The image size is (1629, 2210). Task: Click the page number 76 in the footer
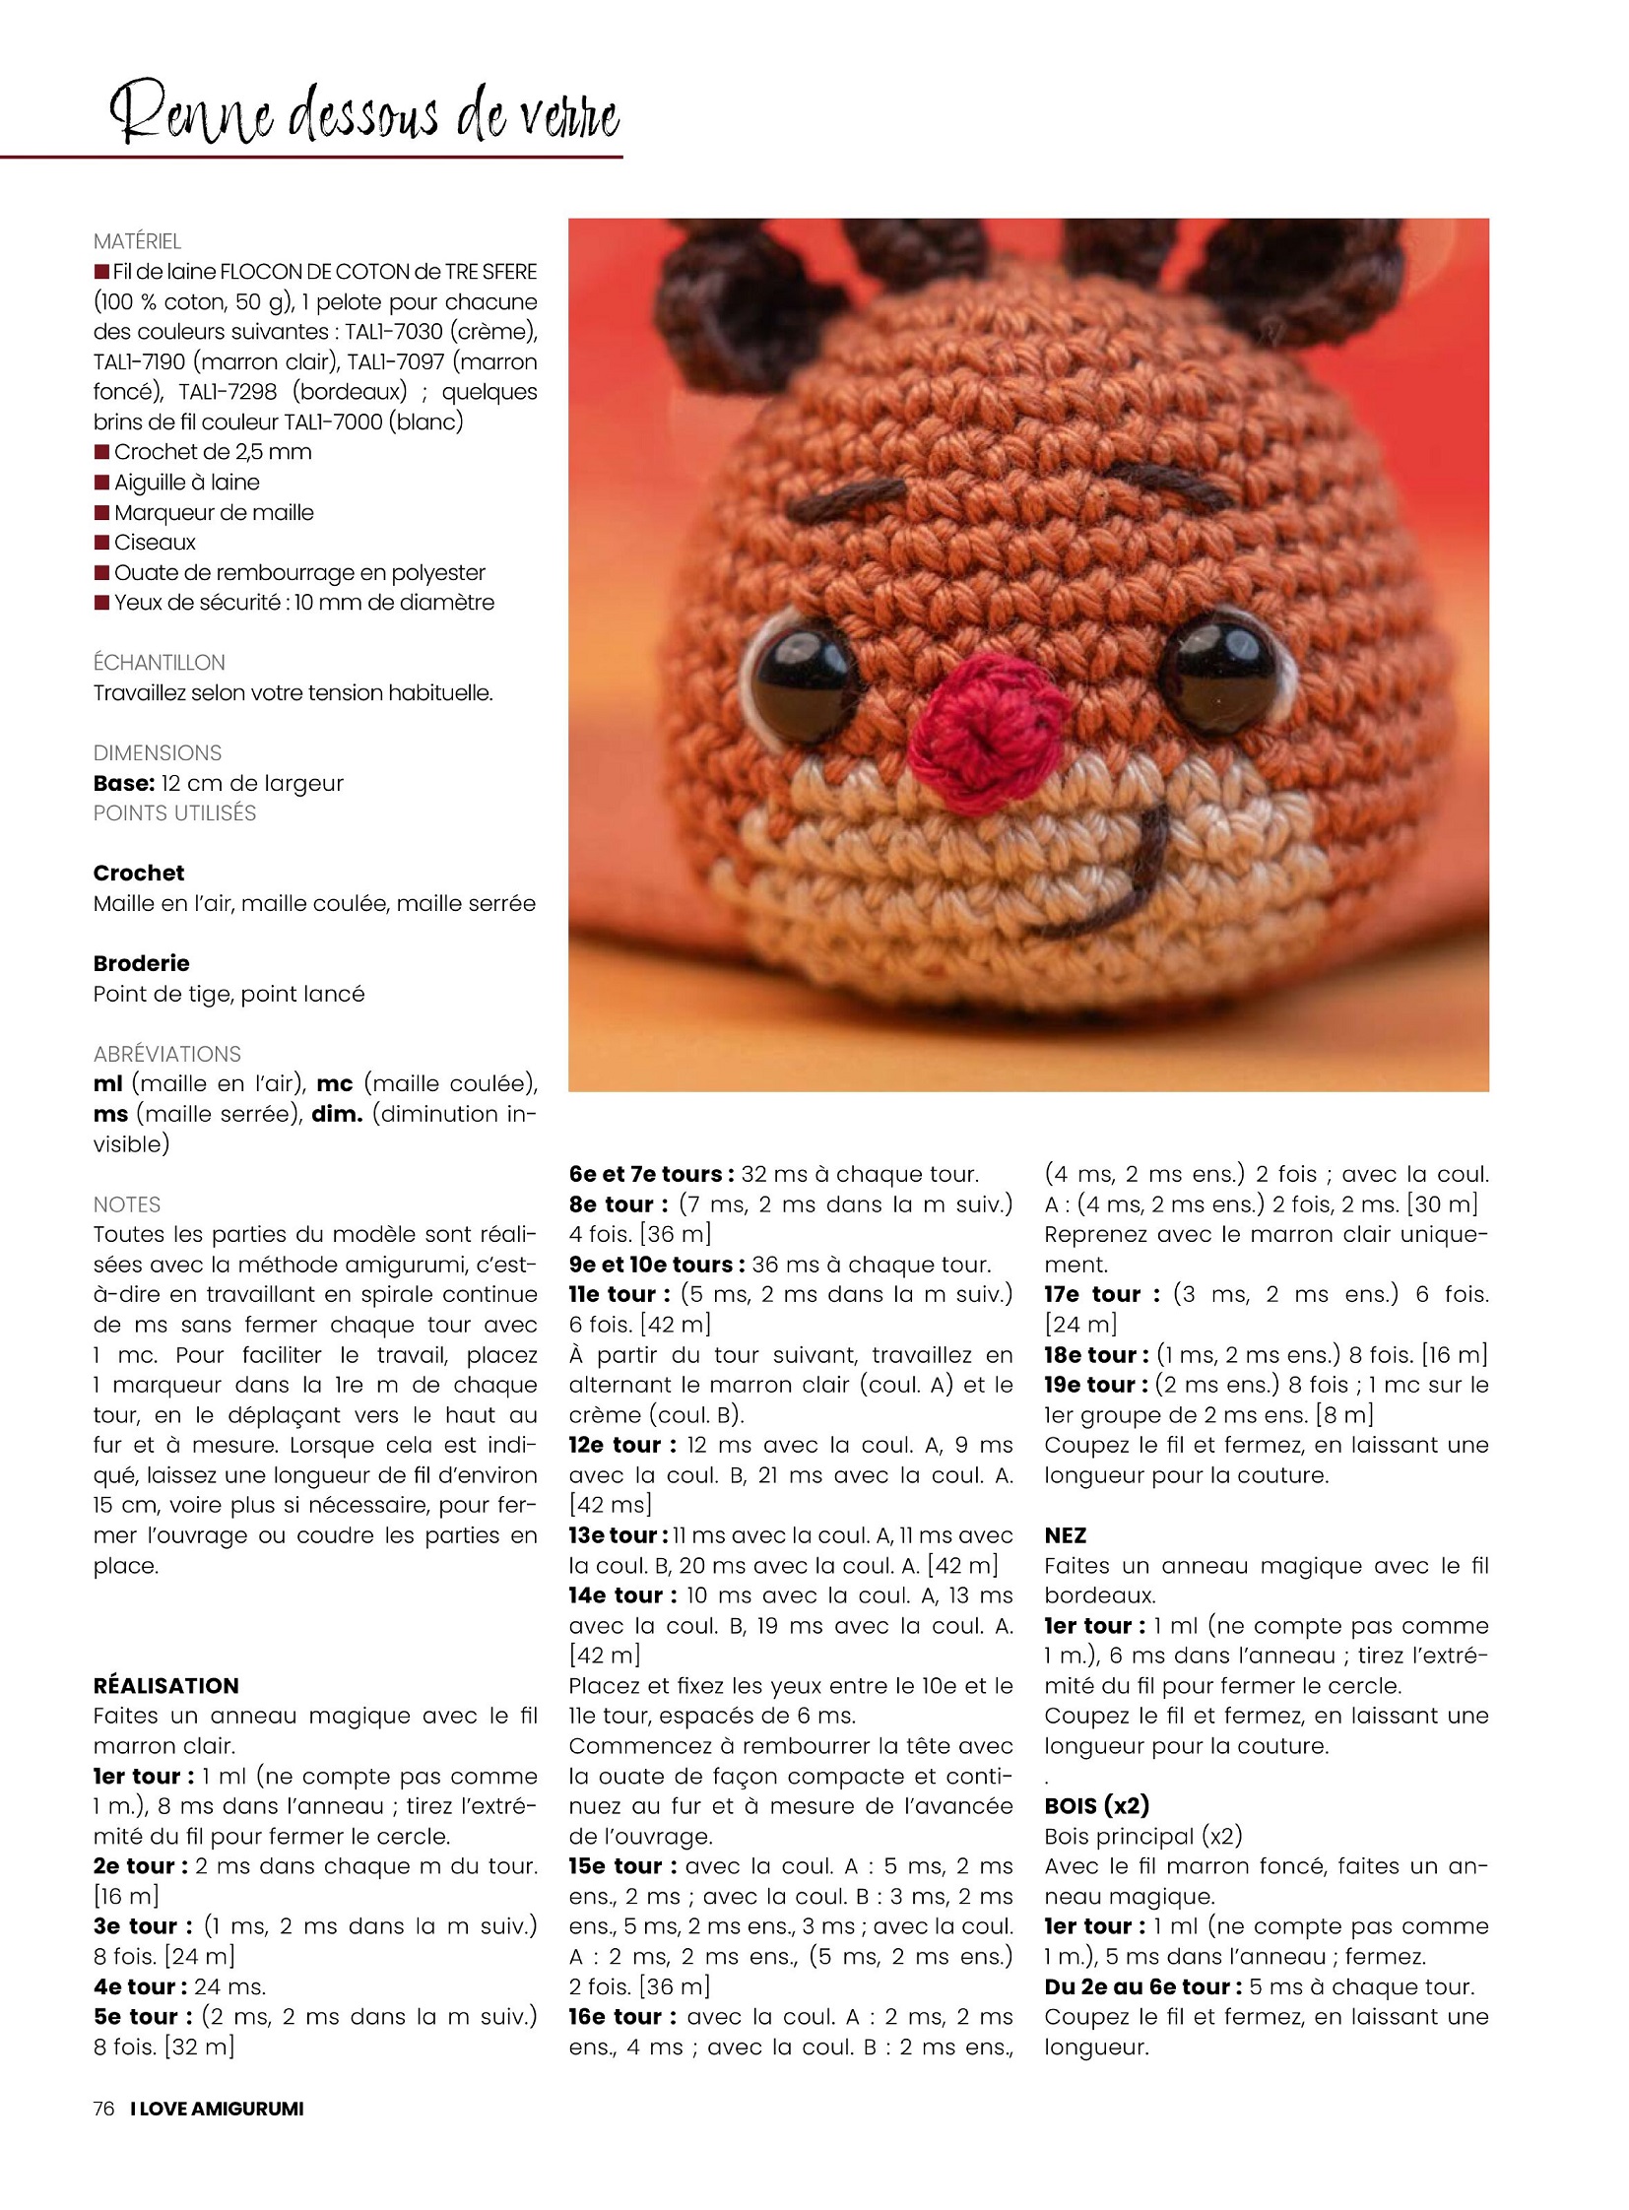pyautogui.click(x=103, y=2109)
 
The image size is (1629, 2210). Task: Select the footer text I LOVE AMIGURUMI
pyautogui.click(x=217, y=2109)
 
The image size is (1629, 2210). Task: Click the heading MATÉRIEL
pyautogui.click(x=137, y=241)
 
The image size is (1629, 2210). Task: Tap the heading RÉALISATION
pyautogui.click(x=165, y=1685)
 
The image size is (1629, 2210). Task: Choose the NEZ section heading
pyautogui.click(x=1065, y=1535)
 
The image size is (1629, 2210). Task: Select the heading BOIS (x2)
pyautogui.click(x=1096, y=1805)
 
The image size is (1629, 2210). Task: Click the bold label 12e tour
pyautogui.click(x=621, y=1445)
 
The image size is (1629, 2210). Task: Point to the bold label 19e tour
pyautogui.click(x=1095, y=1385)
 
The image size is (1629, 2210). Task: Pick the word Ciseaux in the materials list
pyautogui.click(x=155, y=543)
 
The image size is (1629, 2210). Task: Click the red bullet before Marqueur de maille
pyautogui.click(x=101, y=513)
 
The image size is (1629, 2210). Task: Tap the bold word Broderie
pyautogui.click(x=141, y=963)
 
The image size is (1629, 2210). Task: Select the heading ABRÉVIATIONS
pyautogui.click(x=166, y=1053)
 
